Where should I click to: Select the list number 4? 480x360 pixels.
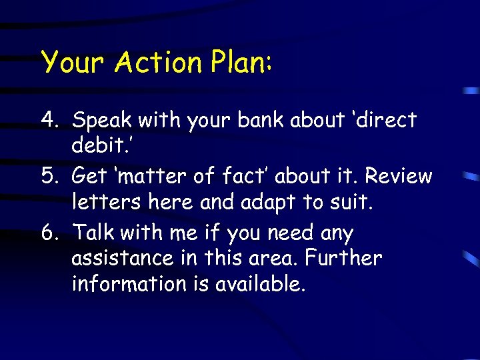click(x=49, y=120)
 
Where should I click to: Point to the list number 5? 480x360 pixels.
click(x=49, y=176)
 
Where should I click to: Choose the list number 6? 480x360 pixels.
click(x=49, y=233)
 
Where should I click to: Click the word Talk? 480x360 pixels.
click(x=97, y=233)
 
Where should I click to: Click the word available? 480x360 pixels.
click(x=260, y=284)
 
